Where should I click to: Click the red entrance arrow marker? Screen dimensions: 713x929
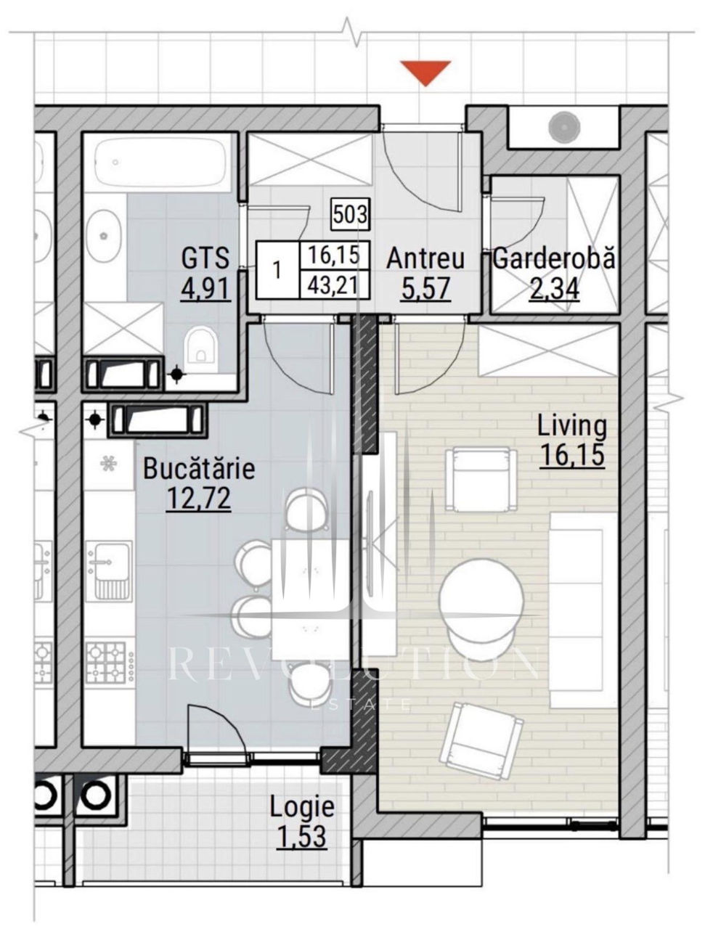click(425, 73)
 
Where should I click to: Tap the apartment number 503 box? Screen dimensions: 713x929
click(350, 215)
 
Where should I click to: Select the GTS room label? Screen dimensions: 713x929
click(205, 258)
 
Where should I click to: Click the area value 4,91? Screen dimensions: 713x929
click(205, 289)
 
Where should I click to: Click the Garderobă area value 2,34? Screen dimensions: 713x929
click(555, 290)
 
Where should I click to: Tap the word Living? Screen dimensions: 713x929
click(572, 426)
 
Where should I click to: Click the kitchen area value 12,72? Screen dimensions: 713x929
click(199, 499)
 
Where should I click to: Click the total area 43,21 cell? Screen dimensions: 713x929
click(335, 285)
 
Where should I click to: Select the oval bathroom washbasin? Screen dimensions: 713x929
click(103, 235)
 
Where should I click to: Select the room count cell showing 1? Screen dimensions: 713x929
click(277, 270)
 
